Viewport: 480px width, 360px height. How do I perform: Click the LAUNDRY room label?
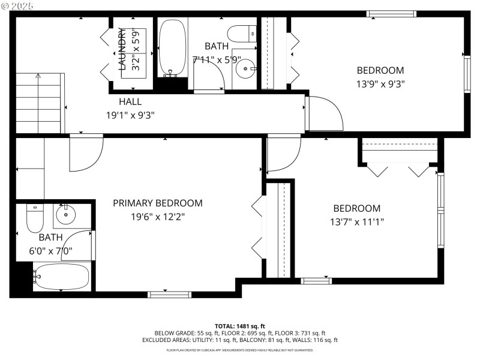[122, 49]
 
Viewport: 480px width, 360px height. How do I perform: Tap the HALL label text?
[130, 101]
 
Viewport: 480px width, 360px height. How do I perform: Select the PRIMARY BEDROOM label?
[157, 203]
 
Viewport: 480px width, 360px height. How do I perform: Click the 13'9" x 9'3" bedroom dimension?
[380, 84]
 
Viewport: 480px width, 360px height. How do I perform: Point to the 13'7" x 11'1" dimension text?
[357, 222]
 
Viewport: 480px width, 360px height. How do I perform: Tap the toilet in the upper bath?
[242, 32]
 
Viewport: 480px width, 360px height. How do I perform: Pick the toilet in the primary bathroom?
[35, 220]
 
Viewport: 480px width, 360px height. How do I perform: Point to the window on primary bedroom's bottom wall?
[170, 293]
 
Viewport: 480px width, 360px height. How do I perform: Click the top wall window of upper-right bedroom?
[392, 14]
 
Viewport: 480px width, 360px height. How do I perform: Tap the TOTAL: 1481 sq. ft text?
[240, 325]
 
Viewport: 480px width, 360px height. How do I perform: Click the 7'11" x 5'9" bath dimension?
[217, 59]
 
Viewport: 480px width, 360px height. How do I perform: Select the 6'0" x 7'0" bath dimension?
[51, 251]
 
